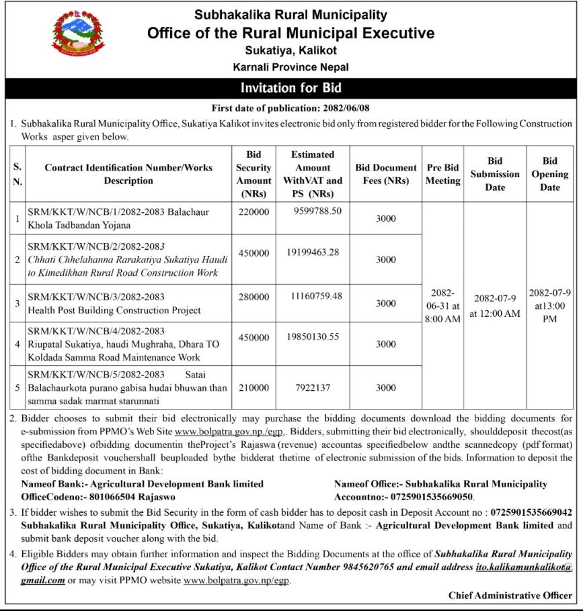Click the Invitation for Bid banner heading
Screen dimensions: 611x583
(291, 87)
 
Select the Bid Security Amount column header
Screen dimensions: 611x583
(254, 174)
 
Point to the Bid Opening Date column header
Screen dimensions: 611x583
(549, 174)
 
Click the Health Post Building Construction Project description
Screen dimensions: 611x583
(114, 310)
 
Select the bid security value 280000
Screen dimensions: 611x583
(254, 296)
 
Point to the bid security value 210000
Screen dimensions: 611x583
(254, 387)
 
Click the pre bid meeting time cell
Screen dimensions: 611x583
(442, 306)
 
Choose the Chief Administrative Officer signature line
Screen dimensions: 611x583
(510, 596)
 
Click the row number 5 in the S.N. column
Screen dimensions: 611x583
(17, 387)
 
